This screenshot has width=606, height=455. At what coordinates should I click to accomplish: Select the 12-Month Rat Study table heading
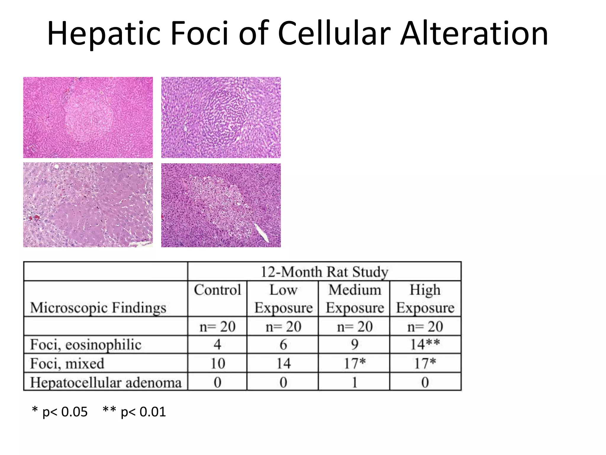pos(324,272)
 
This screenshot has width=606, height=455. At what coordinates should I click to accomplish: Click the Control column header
pos(217,290)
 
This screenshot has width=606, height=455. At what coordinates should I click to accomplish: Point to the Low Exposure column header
pos(283,299)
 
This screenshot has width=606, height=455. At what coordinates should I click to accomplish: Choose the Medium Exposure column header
pos(354,299)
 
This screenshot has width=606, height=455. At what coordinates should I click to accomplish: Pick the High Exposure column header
pos(425,299)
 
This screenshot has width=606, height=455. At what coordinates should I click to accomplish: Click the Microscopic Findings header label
pos(98,307)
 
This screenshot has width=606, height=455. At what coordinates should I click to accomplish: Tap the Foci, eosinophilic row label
pos(86,345)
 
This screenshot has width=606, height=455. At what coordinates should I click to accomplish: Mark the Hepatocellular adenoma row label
pos(106,382)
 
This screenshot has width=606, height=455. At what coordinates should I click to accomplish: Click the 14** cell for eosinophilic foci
pos(425,344)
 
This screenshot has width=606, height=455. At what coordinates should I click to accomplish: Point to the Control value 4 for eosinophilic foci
pos(217,345)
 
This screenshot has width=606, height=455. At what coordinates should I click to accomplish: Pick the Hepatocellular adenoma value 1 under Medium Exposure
pos(354,382)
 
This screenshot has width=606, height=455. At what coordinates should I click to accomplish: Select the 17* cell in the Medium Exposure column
pos(354,363)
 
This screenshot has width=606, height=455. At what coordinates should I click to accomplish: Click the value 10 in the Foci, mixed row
pos(217,363)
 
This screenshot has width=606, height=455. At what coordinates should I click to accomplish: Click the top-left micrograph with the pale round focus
pos(88,117)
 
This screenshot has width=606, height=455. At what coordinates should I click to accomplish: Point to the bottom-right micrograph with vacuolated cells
pos(221,205)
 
